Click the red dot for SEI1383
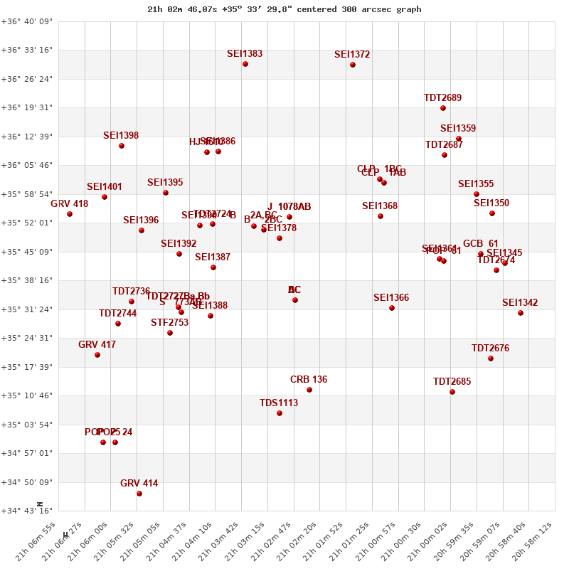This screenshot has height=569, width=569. tap(245, 64)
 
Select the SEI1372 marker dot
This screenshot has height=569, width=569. tap(353, 65)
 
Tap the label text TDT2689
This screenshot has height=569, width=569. tap(442, 98)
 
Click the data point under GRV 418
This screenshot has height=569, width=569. tap(70, 214)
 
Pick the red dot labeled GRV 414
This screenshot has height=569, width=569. tap(139, 494)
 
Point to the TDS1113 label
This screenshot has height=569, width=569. tap(279, 403)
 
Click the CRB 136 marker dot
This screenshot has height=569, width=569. tap(309, 390)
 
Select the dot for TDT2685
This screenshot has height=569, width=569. tap(452, 392)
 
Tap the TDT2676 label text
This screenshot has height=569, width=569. tap(490, 349)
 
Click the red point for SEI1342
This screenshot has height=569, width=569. tap(521, 313)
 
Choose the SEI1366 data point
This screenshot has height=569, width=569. tap(392, 308)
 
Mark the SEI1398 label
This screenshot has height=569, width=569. tap(121, 136)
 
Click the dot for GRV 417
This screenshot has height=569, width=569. tap(97, 355)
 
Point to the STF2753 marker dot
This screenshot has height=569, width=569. tap(170, 333)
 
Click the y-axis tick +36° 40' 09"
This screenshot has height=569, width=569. tap(26, 21)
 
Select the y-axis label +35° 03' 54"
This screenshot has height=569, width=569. tap(26, 425)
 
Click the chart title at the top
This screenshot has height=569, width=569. tap(284, 9)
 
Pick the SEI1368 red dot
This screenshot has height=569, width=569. tap(381, 216)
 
